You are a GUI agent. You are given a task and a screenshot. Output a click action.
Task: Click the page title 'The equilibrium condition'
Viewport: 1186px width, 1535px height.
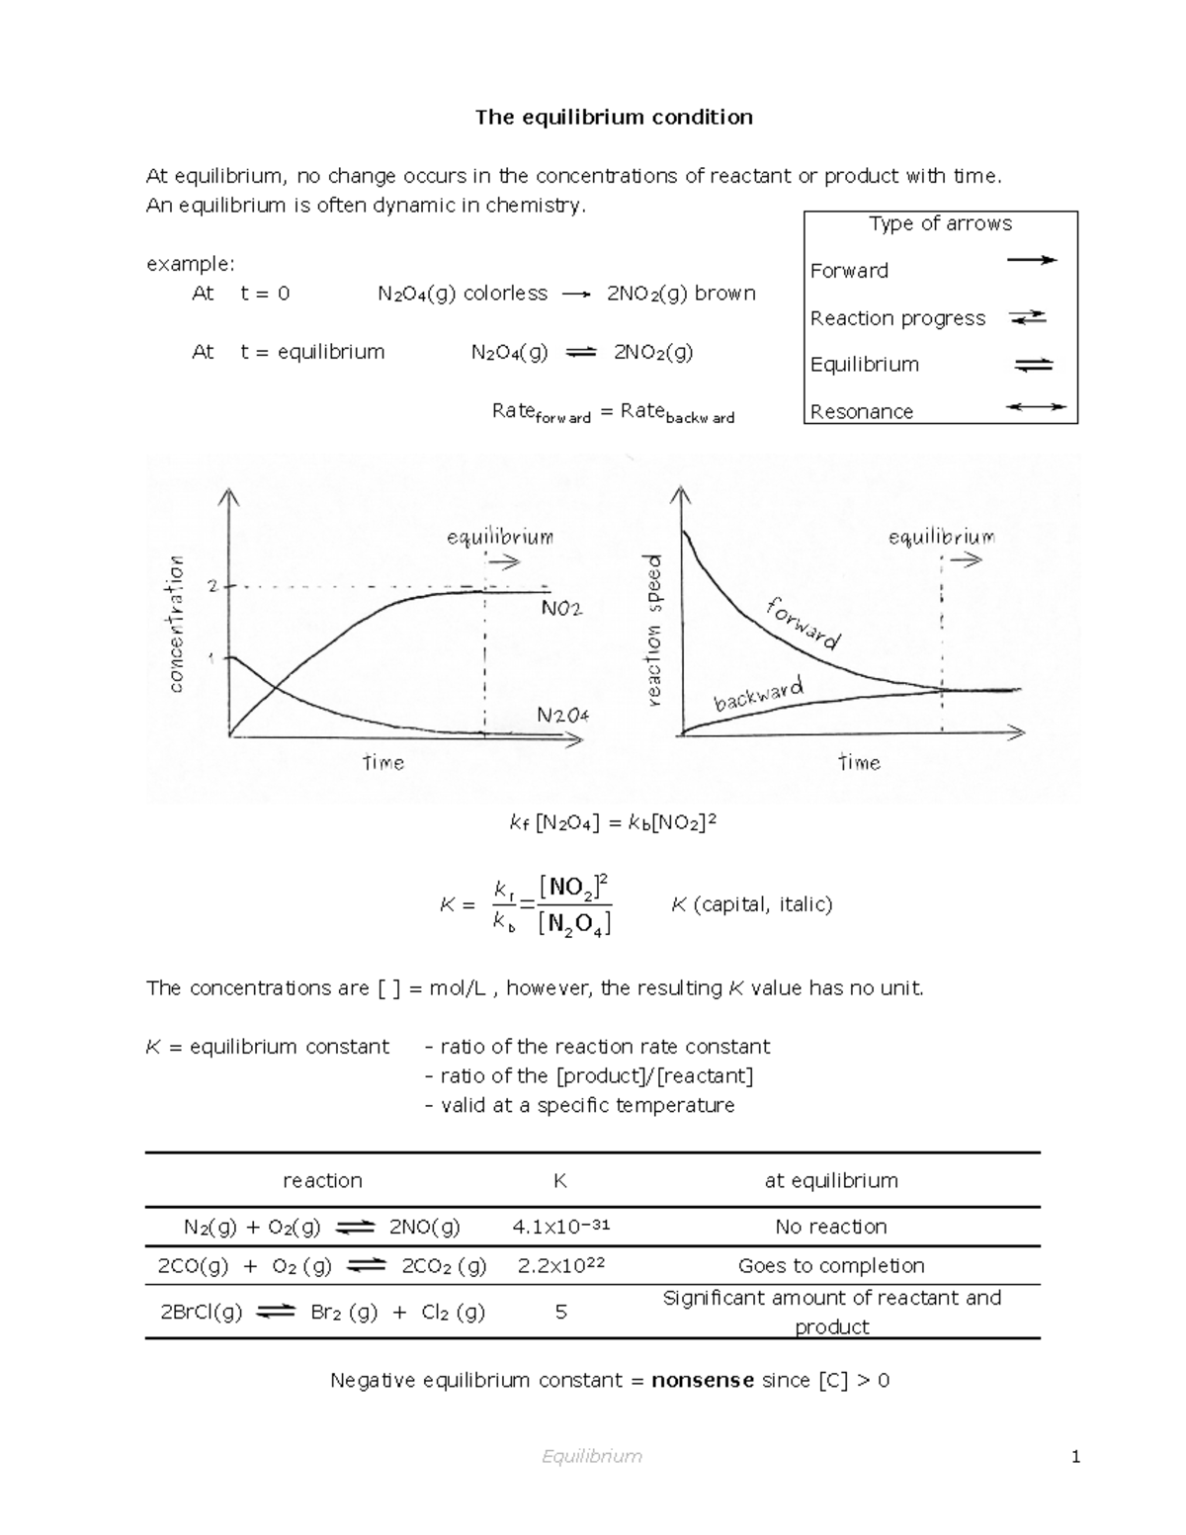point(614,118)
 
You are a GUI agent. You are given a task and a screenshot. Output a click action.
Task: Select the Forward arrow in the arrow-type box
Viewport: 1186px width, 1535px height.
point(1031,260)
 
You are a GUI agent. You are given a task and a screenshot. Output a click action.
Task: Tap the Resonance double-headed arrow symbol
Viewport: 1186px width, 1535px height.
point(1035,407)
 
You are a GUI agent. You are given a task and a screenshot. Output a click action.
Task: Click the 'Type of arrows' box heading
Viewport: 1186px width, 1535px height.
point(940,224)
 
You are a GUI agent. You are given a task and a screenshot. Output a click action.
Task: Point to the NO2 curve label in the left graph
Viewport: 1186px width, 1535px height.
point(561,609)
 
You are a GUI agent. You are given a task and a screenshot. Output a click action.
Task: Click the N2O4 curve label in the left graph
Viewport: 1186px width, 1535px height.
point(562,714)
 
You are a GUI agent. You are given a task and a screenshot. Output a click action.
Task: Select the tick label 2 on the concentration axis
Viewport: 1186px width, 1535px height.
point(212,586)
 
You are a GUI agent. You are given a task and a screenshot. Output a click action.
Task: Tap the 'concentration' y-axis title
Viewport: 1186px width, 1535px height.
point(176,623)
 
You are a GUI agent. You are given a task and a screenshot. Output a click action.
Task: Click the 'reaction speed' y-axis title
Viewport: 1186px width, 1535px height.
point(653,631)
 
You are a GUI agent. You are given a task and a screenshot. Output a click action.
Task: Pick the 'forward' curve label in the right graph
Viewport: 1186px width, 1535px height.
point(803,624)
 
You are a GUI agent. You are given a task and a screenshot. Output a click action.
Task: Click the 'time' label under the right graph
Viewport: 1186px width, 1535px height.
point(859,762)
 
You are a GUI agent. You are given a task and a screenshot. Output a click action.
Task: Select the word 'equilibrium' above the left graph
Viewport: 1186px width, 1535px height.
point(499,538)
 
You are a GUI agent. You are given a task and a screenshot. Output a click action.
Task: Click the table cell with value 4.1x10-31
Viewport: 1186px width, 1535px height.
point(560,1227)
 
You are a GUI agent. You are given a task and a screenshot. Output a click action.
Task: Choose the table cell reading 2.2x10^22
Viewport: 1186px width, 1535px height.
point(560,1266)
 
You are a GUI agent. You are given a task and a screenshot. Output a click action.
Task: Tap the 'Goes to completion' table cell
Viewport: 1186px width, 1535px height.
point(830,1266)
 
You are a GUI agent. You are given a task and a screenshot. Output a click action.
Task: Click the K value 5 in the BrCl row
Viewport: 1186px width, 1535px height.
point(560,1313)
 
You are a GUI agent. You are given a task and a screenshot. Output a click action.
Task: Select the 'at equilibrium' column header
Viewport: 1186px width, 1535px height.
point(830,1180)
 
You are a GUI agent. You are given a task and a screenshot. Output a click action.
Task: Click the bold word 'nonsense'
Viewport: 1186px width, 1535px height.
point(703,1380)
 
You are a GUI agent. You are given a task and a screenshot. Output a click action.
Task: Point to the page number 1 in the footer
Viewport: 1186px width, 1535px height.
point(1075,1456)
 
